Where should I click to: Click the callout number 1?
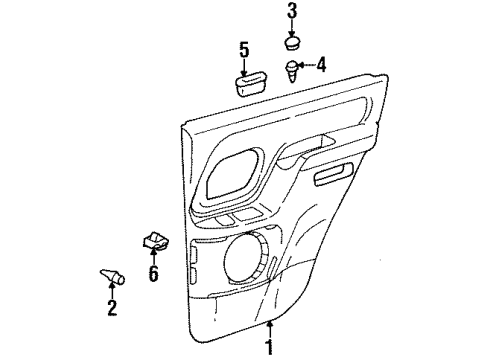click(x=269, y=347)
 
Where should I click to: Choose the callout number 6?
click(x=153, y=274)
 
